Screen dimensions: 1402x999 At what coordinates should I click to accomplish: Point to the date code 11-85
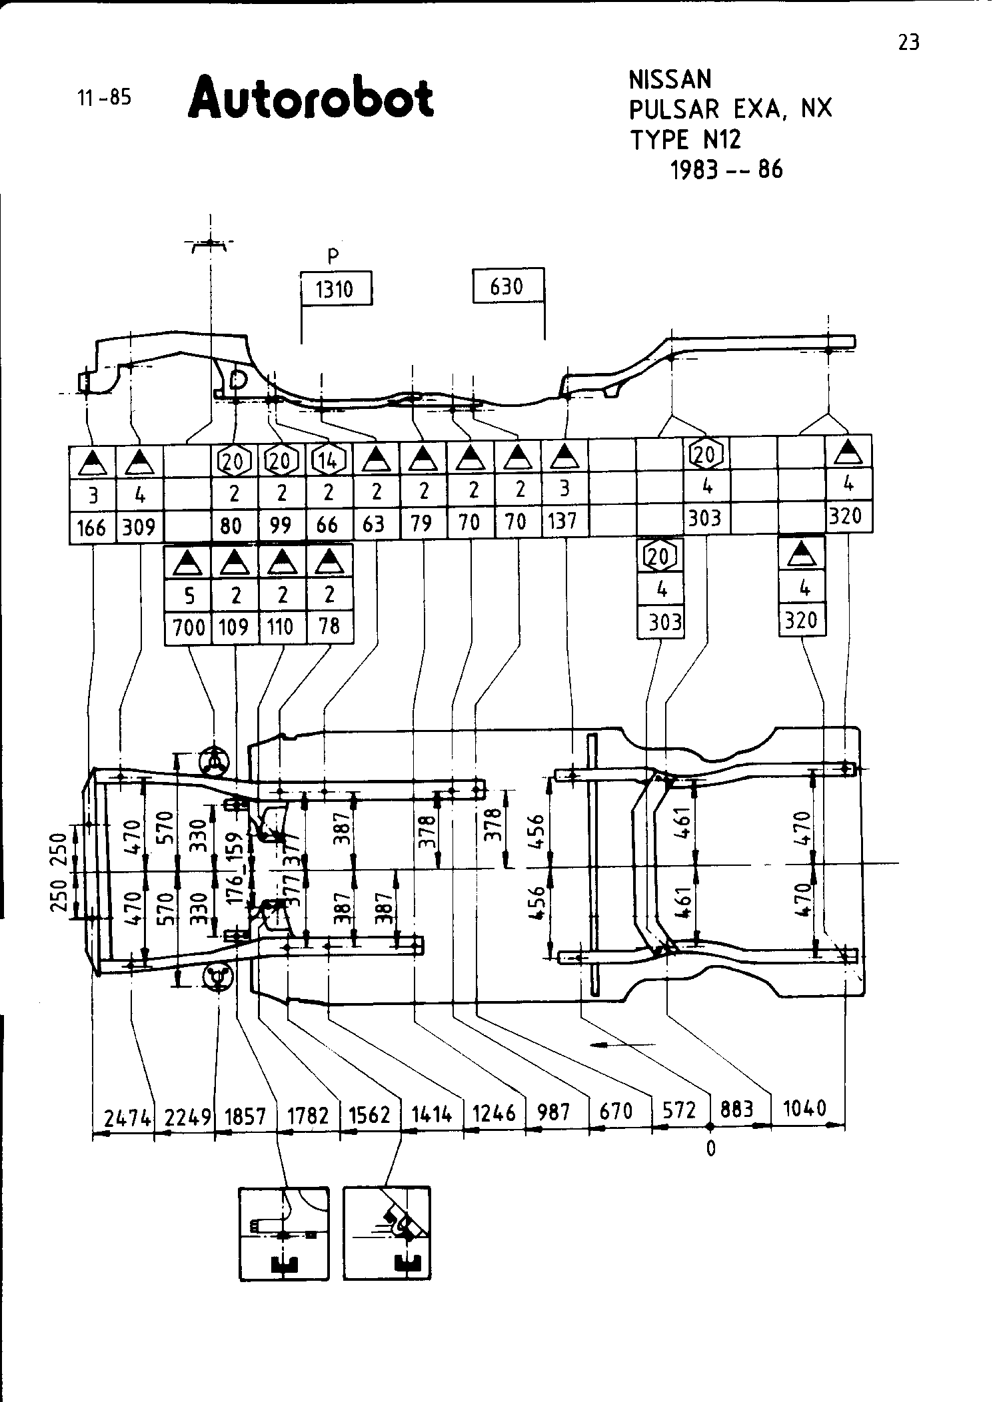pyautogui.click(x=105, y=98)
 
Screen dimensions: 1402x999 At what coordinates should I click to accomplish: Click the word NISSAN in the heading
pyautogui.click(x=670, y=80)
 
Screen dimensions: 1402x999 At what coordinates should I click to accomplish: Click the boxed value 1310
pyautogui.click(x=335, y=290)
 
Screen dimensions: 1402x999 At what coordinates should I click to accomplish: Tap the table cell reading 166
pyautogui.click(x=92, y=527)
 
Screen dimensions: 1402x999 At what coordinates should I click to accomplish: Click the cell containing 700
pyautogui.click(x=188, y=627)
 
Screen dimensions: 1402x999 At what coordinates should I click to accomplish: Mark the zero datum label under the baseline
pyautogui.click(x=710, y=1149)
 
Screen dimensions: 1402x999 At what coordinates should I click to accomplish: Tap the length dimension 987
pyautogui.click(x=554, y=1112)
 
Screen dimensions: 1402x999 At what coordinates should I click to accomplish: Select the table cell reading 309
pyautogui.click(x=139, y=527)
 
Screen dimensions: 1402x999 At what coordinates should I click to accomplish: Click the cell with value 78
pyautogui.click(x=329, y=626)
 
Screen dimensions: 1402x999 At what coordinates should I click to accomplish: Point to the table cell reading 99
pyautogui.click(x=281, y=526)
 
